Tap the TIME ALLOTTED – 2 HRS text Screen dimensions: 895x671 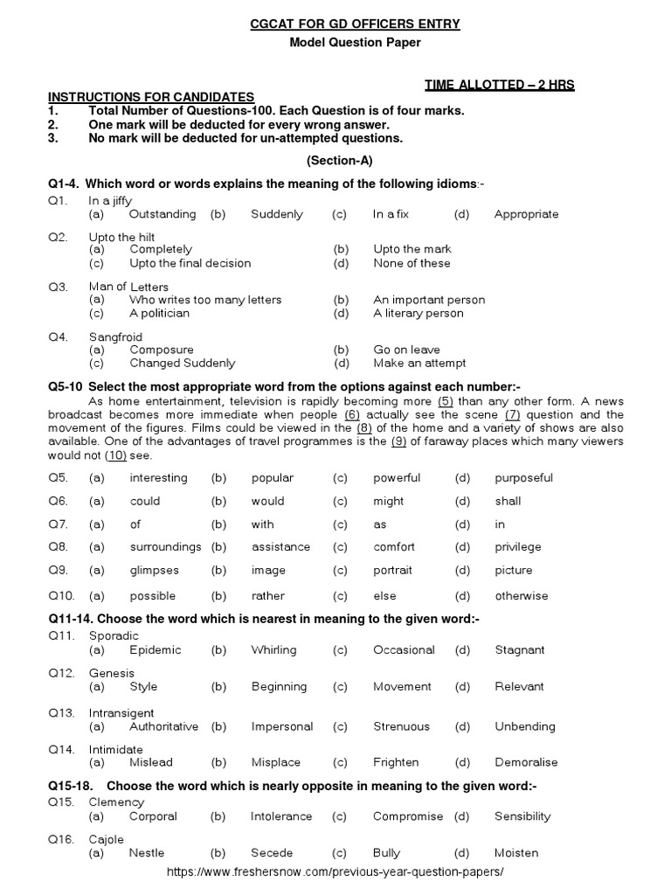click(x=500, y=84)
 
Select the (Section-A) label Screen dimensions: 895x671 click(x=336, y=161)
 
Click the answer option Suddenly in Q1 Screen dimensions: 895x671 click(x=276, y=214)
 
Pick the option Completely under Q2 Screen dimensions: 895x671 click(x=161, y=249)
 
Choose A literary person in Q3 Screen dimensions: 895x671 click(x=418, y=313)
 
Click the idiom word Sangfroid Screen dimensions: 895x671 click(x=115, y=336)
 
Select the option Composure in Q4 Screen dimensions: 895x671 click(x=162, y=350)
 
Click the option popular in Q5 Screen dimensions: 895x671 click(x=273, y=478)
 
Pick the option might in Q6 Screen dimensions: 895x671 click(x=388, y=501)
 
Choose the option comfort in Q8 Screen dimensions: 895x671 click(x=393, y=547)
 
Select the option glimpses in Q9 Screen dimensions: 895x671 click(x=154, y=571)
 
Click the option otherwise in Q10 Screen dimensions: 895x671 click(x=522, y=596)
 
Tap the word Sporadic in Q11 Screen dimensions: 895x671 click(x=114, y=636)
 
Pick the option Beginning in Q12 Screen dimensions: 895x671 click(x=279, y=687)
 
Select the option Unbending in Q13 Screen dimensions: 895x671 click(x=524, y=726)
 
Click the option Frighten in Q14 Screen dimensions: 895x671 click(x=396, y=762)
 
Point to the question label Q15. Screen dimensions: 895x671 click(x=60, y=802)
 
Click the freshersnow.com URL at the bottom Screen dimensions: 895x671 click(x=335, y=872)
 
